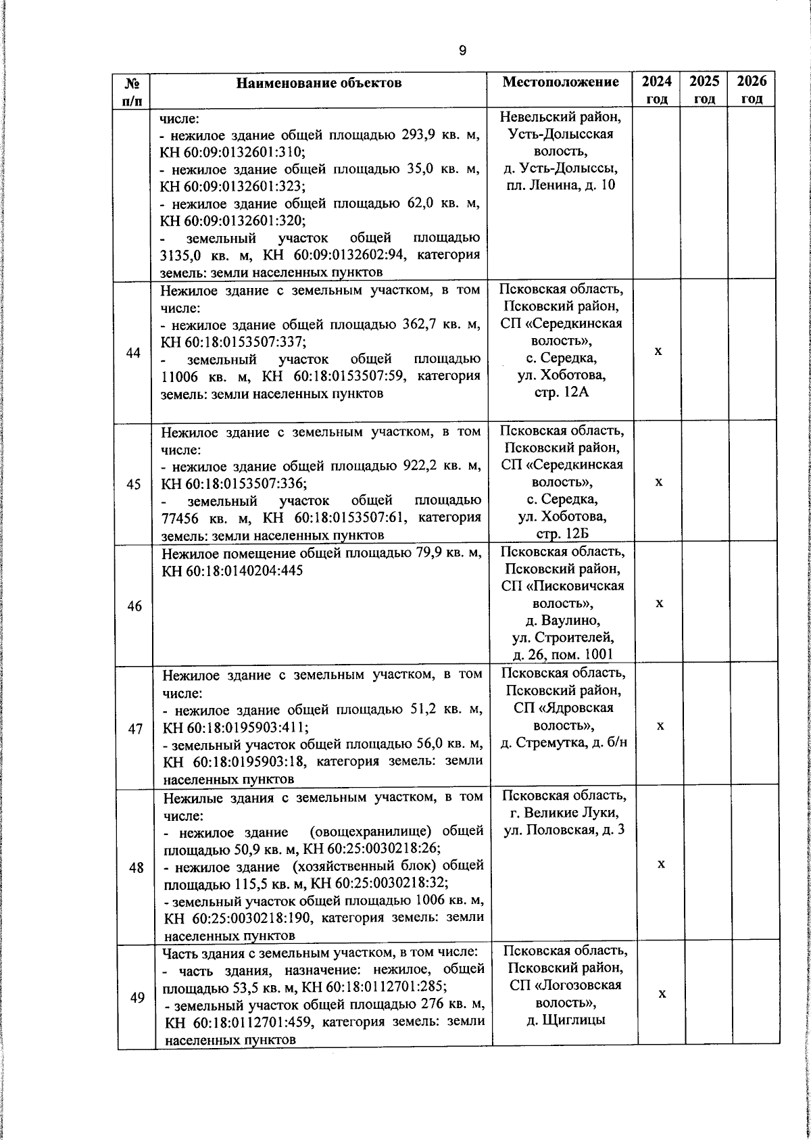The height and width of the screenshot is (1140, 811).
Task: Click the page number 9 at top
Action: pos(462,51)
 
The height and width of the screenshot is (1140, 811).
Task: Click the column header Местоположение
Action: pos(560,82)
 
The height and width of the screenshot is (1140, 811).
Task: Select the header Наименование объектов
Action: pos(318,83)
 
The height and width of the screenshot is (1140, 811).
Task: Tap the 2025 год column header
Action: pos(704,89)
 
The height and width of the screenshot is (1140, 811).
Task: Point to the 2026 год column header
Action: pos(752,89)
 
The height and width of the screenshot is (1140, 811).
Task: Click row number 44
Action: pos(134,354)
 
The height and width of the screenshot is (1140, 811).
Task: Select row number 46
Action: pos(134,607)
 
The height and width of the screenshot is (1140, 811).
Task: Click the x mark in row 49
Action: pos(663,993)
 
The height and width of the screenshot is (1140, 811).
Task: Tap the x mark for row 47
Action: pos(660,725)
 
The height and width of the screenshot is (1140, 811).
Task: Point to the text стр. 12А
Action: pos(562,392)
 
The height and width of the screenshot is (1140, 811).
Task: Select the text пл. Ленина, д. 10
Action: pos(561,185)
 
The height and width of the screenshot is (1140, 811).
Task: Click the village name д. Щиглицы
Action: pos(566,1020)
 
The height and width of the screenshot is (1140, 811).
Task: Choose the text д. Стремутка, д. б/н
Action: pos(564,743)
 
